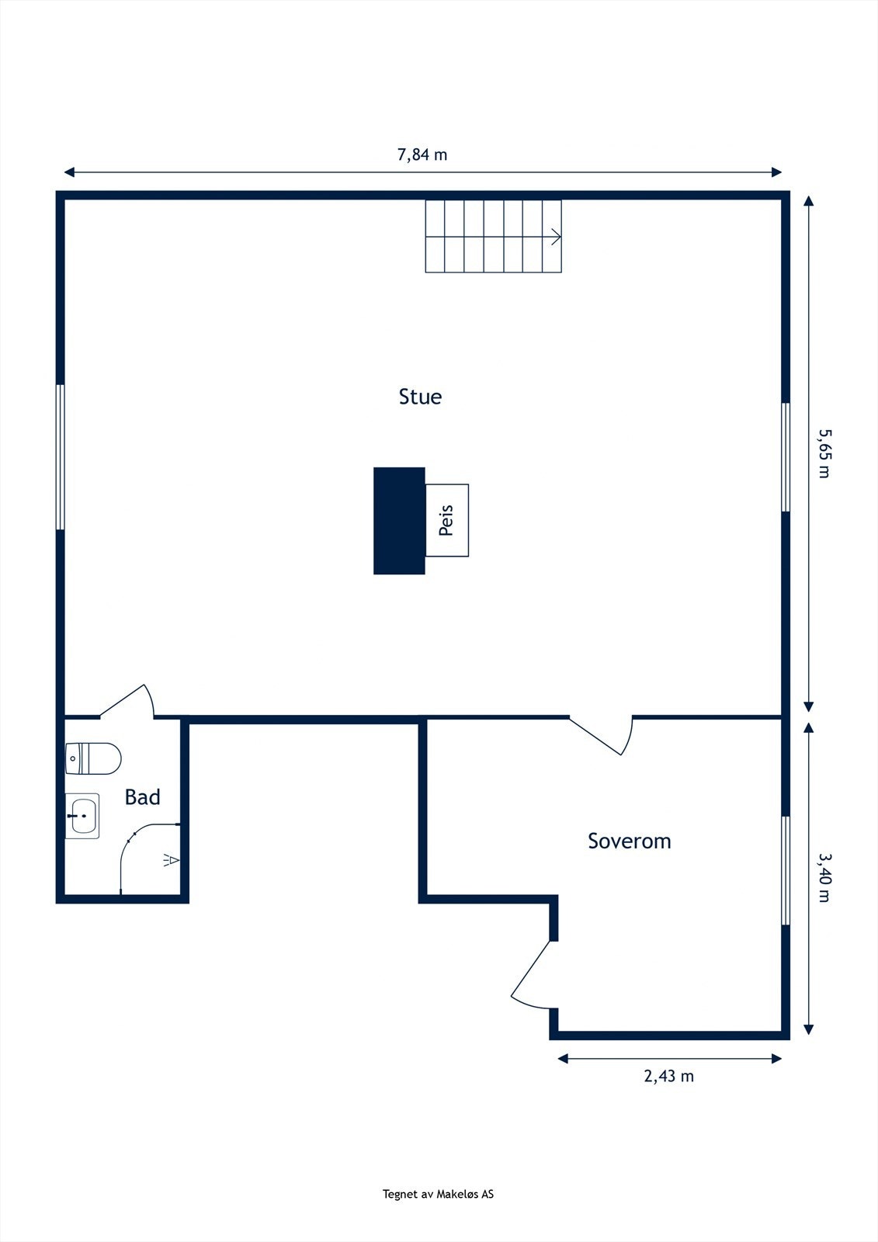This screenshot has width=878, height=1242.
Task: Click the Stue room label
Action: tap(420, 397)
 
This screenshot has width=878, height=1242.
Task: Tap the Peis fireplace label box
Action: tap(447, 520)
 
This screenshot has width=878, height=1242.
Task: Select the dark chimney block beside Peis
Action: tap(399, 521)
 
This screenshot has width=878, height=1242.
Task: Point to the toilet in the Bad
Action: tap(93, 758)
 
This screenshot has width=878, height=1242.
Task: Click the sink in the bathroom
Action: tap(82, 817)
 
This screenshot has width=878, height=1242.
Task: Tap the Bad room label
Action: tap(143, 797)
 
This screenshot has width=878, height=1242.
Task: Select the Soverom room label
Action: tap(629, 841)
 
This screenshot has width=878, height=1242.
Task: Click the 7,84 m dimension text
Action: tap(422, 154)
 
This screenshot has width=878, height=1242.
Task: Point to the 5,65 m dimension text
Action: tap(824, 453)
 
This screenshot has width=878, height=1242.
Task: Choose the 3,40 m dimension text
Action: tap(824, 878)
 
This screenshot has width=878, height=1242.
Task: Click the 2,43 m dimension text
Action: tap(668, 1076)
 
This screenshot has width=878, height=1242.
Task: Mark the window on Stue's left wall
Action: tap(61, 457)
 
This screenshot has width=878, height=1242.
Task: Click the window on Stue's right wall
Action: tap(785, 457)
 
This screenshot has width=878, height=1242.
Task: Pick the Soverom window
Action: tap(785, 870)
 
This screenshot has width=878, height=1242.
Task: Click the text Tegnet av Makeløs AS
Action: tap(438, 1194)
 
